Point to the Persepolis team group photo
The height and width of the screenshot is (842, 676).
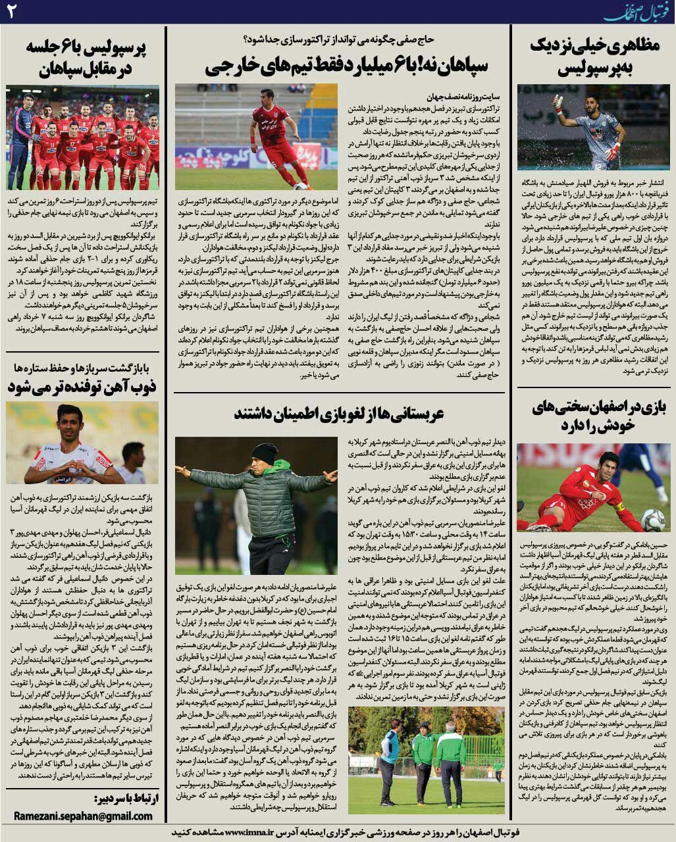coord(83,138)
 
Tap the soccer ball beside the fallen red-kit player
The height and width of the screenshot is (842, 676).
coord(652,520)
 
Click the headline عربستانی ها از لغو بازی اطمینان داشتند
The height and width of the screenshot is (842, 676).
coord(339,413)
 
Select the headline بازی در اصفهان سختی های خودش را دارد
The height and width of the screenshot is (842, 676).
coord(594,416)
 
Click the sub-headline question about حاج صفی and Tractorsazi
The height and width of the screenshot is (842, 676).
coord(339,39)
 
